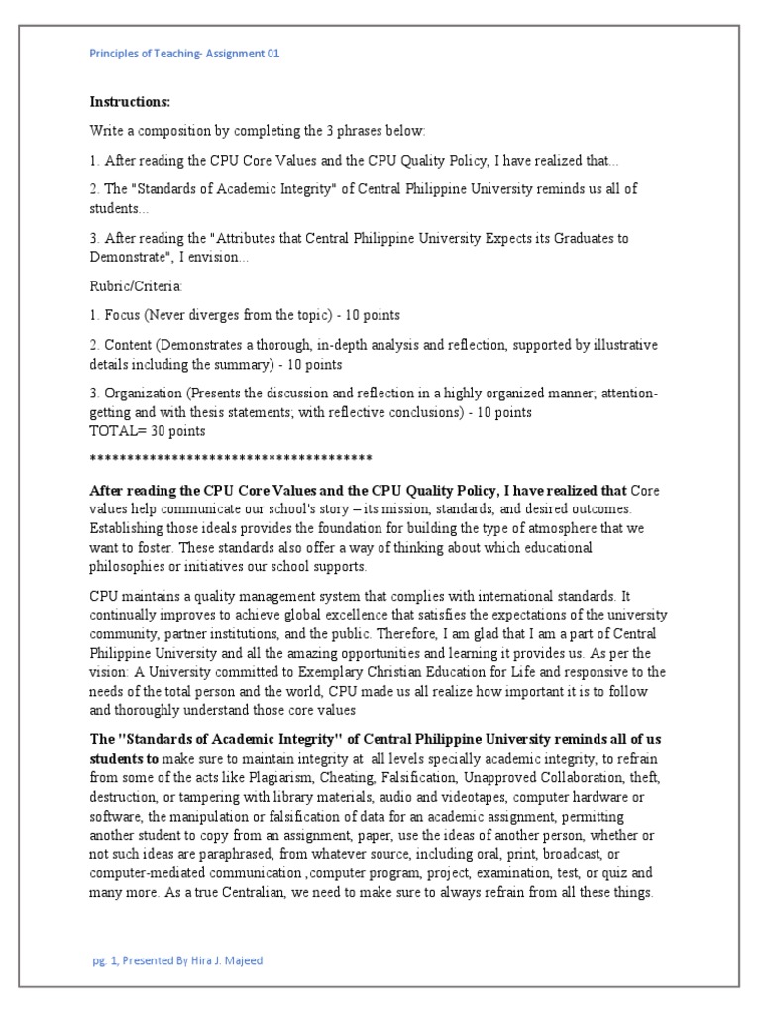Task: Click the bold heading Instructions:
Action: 130,102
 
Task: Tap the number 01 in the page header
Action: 272,54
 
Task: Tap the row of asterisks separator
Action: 230,457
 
